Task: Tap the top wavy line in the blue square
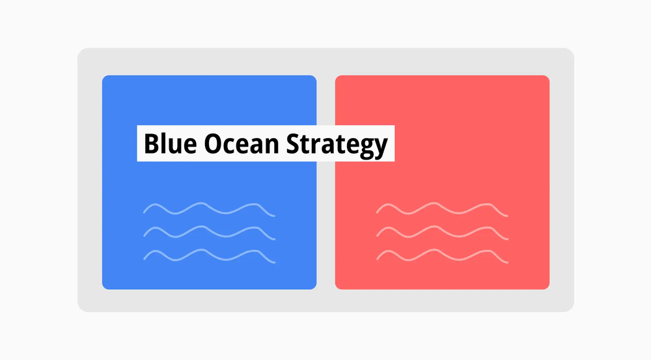tap(208, 209)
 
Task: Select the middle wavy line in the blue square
tap(208, 232)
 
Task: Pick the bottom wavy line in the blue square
tap(208, 255)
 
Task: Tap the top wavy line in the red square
tap(442, 209)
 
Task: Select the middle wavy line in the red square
tap(442, 232)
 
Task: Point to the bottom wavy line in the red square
tap(442, 255)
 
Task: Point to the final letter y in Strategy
tap(381, 147)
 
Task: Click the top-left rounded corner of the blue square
tap(105, 78)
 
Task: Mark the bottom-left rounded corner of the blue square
tap(105, 286)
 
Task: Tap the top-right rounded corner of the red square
tap(547, 78)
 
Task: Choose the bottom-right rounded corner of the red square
tap(547, 286)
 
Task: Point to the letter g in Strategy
tap(366, 147)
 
